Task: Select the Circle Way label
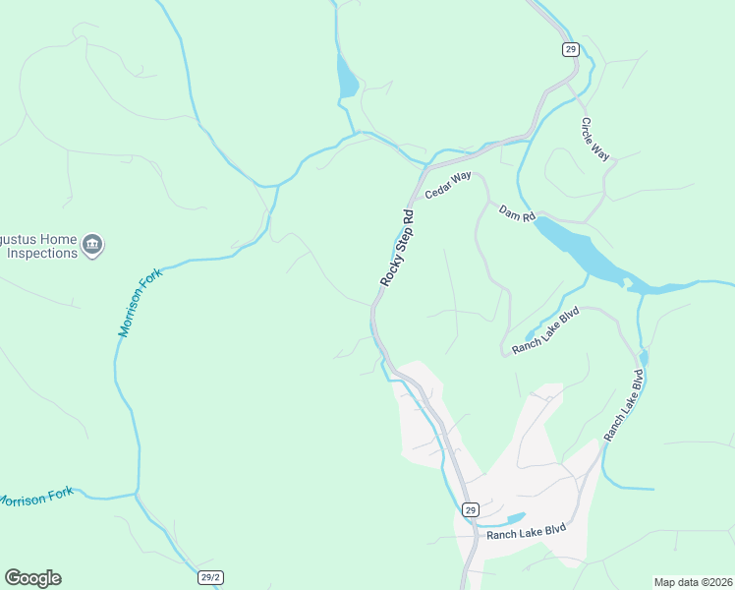[x=595, y=140]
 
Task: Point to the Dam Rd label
[x=516, y=213]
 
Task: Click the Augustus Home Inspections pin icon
[x=92, y=244]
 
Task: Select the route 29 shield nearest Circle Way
[x=569, y=48]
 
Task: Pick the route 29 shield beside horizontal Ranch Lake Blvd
[x=471, y=509]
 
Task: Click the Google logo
[x=32, y=578]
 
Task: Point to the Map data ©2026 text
[x=692, y=582]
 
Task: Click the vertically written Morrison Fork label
[x=139, y=305]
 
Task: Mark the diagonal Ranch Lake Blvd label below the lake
[x=547, y=329]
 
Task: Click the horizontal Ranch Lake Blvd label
[x=527, y=534]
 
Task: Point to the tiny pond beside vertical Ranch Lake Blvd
[x=643, y=356]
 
